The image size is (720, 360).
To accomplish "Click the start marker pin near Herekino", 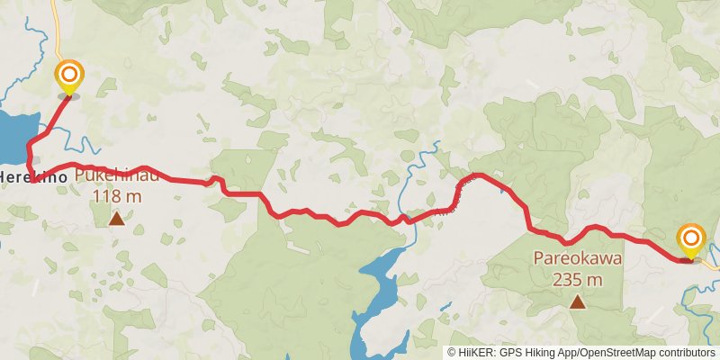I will coord(68,76).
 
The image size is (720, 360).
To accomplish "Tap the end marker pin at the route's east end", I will coord(691,239).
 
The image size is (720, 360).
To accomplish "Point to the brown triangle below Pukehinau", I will coord(116,218).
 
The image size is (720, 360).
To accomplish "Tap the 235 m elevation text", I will coord(577,279).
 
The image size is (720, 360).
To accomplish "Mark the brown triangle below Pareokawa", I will coord(577,302).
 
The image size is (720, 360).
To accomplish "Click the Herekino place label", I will coord(33,178).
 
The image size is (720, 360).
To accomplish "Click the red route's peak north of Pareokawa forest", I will coord(480,175).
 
